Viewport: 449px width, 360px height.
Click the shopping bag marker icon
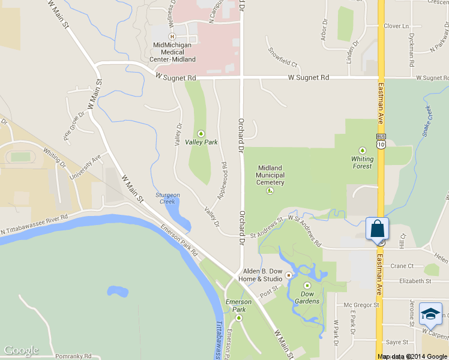(377, 229)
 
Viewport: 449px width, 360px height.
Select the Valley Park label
(201, 142)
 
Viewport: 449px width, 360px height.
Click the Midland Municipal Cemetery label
(270, 175)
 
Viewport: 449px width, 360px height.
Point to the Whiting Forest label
(362, 163)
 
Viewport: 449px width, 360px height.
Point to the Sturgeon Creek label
(168, 198)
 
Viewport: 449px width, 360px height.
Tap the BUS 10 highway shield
(381, 141)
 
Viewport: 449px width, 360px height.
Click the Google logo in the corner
(22, 350)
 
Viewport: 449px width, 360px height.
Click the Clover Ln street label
(396, 26)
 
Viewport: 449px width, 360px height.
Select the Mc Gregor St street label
(361, 305)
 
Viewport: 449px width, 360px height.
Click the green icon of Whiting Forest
(362, 150)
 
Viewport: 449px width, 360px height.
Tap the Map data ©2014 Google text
(412, 356)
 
